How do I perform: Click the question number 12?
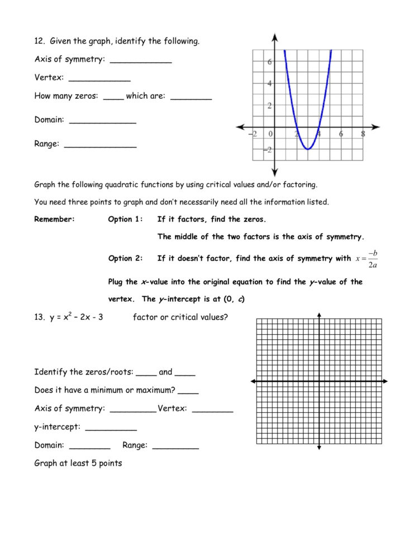(x=39, y=41)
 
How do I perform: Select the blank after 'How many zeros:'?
(x=113, y=97)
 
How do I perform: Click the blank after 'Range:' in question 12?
(x=100, y=145)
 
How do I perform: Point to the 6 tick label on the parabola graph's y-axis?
(x=269, y=62)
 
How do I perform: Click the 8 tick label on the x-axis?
(x=363, y=134)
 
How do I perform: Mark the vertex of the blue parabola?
(x=308, y=149)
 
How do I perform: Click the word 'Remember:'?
(x=54, y=219)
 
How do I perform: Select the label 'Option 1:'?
(x=125, y=219)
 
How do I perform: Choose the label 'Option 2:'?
(x=125, y=258)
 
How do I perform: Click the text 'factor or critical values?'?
(x=180, y=317)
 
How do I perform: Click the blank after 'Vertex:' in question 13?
(x=212, y=410)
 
